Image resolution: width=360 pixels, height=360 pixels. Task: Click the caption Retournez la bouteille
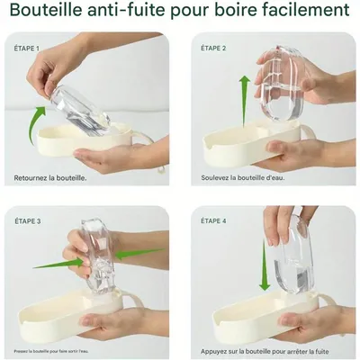tap(50, 177)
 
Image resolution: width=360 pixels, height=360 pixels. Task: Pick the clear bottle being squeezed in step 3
tap(99, 256)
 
